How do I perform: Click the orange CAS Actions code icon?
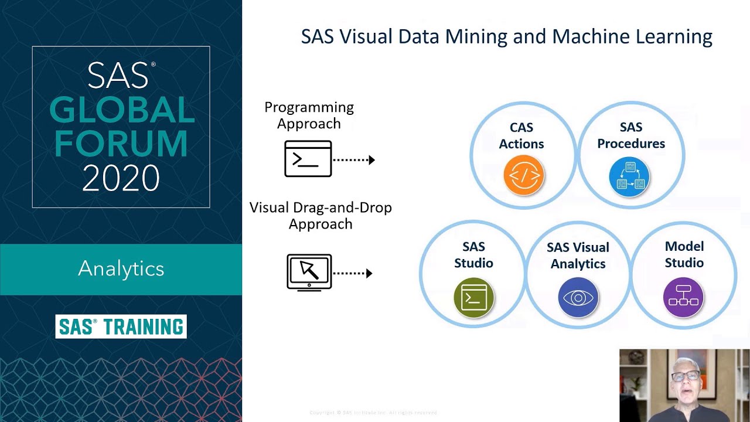coord(524,175)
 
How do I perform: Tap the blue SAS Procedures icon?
coord(630,175)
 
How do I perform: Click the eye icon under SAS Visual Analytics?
coord(578,298)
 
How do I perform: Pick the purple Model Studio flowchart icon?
coord(683,297)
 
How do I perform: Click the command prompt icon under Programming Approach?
coord(308,159)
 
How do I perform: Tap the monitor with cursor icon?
coord(309,272)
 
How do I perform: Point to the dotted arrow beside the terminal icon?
coord(354,159)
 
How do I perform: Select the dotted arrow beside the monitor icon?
coord(353,273)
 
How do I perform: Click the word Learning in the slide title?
coord(674,37)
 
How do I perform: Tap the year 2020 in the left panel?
coord(121,178)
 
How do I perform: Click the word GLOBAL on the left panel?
coord(121,110)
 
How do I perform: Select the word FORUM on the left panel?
coord(121,144)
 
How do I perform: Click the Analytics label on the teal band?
coord(121,268)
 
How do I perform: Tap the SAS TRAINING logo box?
coord(121,326)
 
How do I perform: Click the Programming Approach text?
coord(309,115)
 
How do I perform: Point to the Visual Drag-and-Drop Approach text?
coord(321,216)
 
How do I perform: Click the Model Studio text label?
coord(684,254)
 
